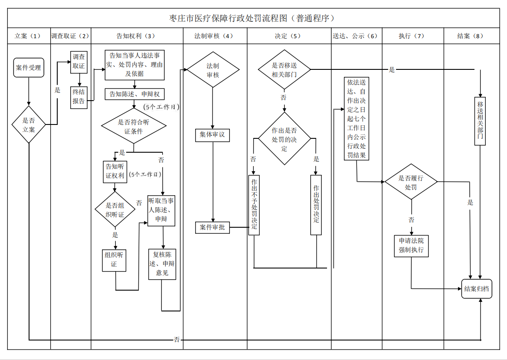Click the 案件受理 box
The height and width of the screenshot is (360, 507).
tap(29, 68)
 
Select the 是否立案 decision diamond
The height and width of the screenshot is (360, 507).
tap(29, 124)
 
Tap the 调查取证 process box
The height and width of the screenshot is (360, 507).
tap(79, 62)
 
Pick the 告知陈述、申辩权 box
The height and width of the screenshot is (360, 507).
tap(134, 94)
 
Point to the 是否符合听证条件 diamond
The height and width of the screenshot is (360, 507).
tap(134, 126)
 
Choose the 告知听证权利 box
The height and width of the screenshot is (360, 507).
tap(115, 171)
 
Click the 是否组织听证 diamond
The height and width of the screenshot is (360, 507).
tap(115, 210)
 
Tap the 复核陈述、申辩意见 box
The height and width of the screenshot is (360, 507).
tap(162, 264)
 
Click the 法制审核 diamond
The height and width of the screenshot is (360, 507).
tap(213, 70)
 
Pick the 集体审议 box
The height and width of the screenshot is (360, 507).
tap(212, 135)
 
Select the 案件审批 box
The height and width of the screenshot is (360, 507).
tap(213, 227)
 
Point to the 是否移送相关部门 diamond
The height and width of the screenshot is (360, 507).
tap(284, 69)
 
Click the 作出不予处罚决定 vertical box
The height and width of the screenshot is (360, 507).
tap(254, 205)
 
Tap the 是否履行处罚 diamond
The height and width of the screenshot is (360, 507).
tap(411, 183)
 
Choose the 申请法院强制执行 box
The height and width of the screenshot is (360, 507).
tap(411, 245)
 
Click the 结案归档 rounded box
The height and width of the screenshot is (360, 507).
tap(477, 289)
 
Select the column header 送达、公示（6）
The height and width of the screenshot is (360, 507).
tap(356, 36)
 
